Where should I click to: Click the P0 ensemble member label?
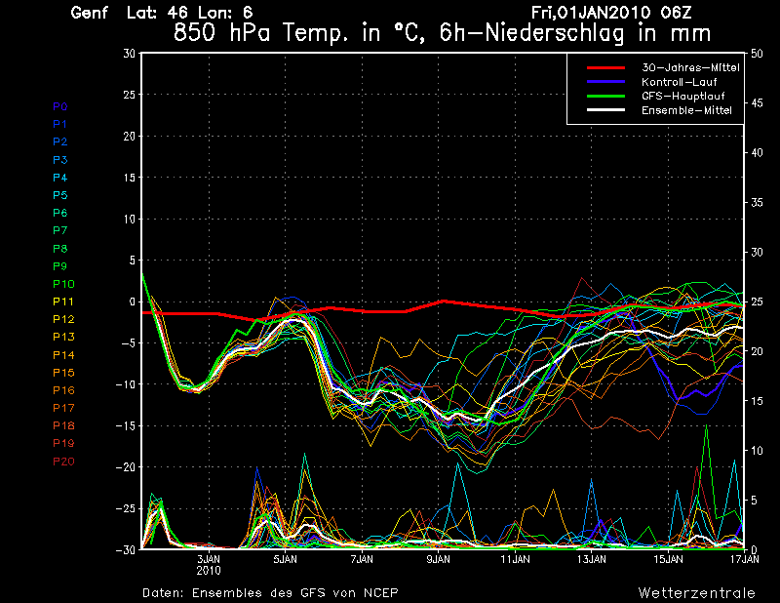click(x=59, y=106)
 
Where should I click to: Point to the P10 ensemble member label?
click(x=62, y=284)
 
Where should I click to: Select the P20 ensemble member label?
click(x=62, y=462)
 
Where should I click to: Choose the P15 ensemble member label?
click(x=62, y=373)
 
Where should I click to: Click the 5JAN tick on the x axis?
click(x=285, y=561)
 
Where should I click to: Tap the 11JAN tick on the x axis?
click(x=515, y=561)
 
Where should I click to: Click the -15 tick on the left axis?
click(x=125, y=425)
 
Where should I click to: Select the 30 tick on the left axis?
click(x=130, y=54)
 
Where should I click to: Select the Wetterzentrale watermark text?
click(x=696, y=592)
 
